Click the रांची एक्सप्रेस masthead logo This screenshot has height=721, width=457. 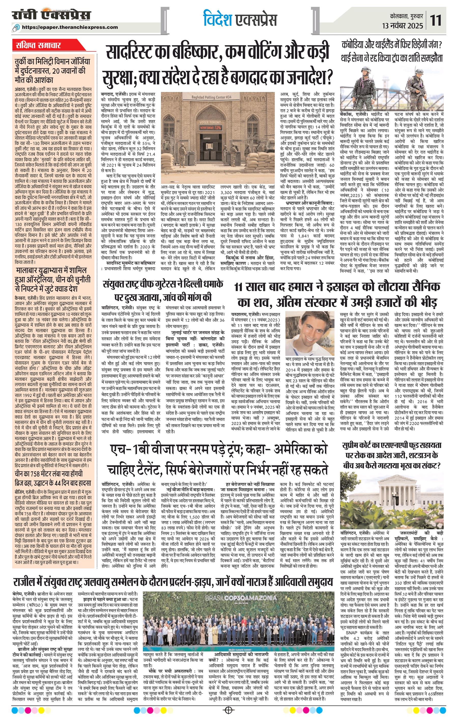click(x=51, y=16)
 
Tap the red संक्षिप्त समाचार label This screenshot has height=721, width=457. click(x=38, y=46)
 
